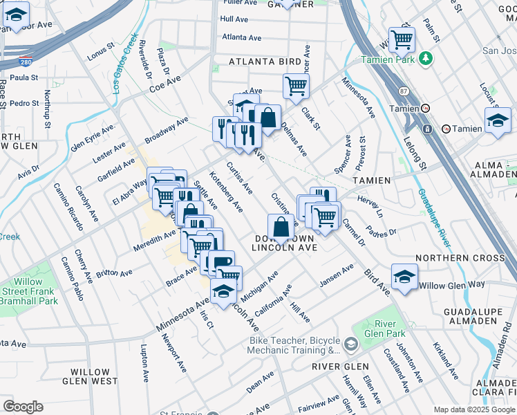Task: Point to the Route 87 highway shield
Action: [404, 91]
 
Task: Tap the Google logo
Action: [23, 406]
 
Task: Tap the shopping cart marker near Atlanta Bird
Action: [296, 87]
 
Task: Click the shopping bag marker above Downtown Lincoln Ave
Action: [281, 227]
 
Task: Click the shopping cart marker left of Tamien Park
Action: [402, 39]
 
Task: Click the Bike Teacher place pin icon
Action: [351, 344]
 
